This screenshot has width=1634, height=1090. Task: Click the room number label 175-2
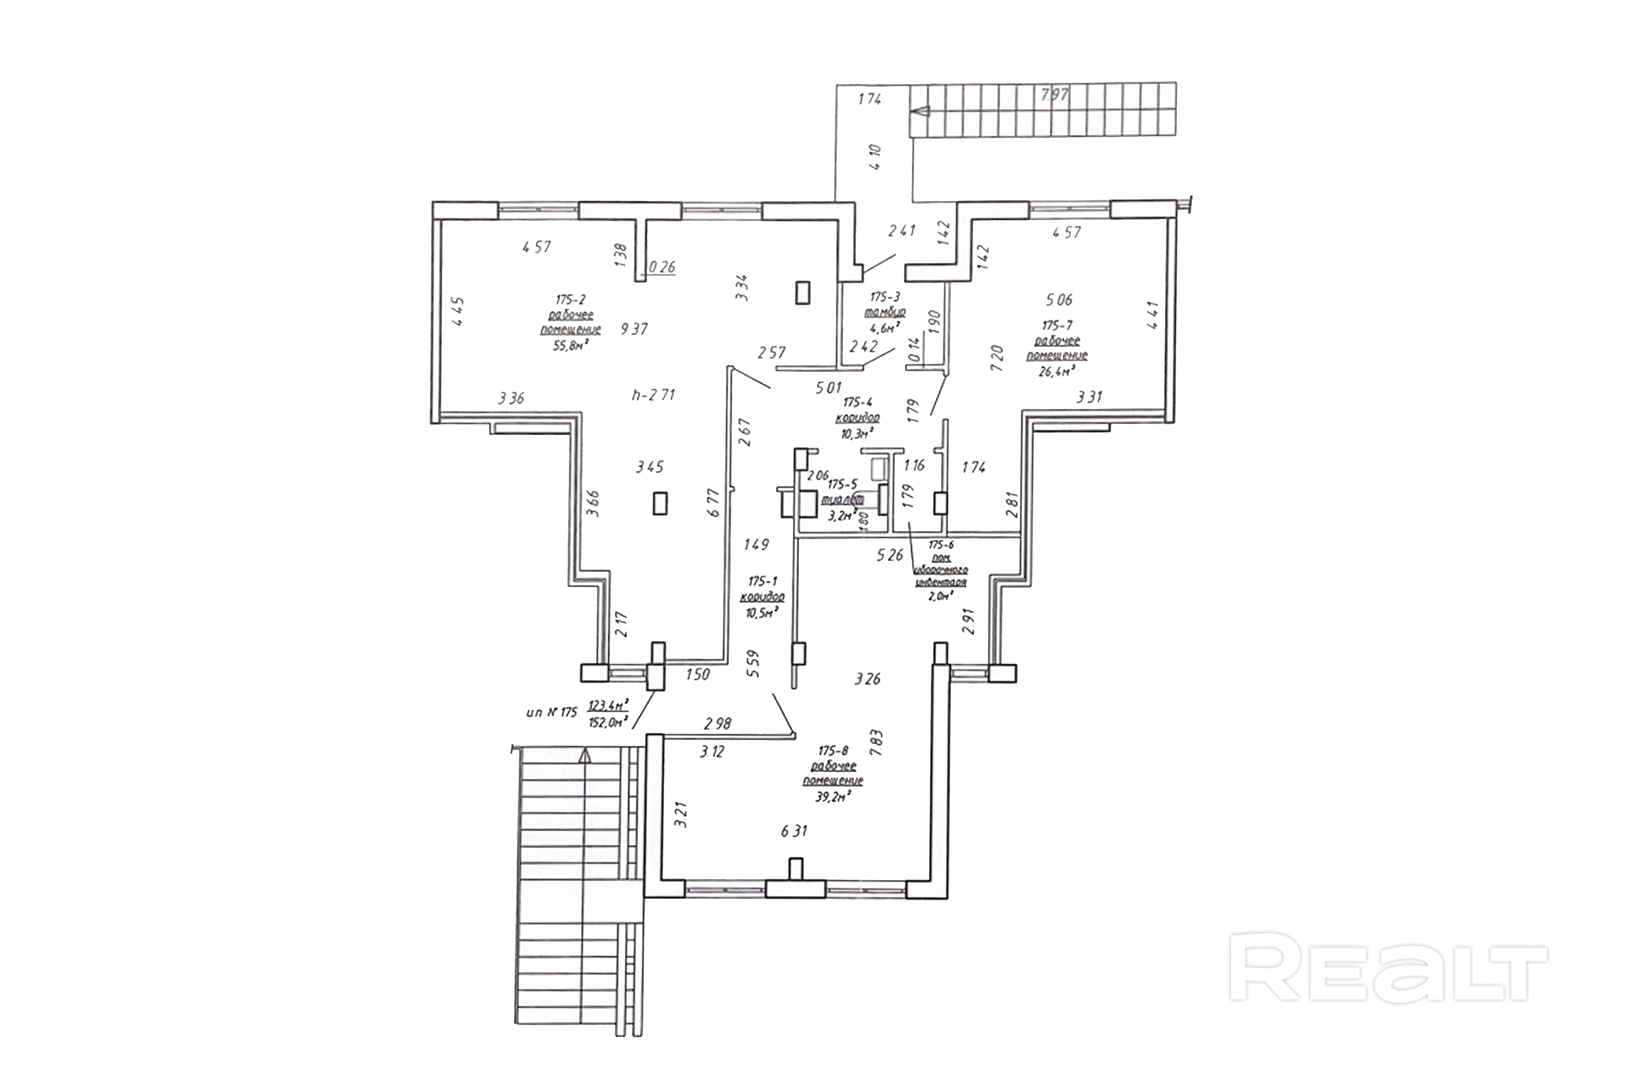[570, 300]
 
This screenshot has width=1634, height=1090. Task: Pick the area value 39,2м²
[833, 797]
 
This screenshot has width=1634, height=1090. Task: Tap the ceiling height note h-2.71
[653, 395]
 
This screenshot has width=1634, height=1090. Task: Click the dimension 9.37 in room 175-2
[634, 329]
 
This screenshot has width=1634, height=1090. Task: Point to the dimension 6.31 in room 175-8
[794, 831]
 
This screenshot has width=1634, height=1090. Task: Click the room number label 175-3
[884, 297]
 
